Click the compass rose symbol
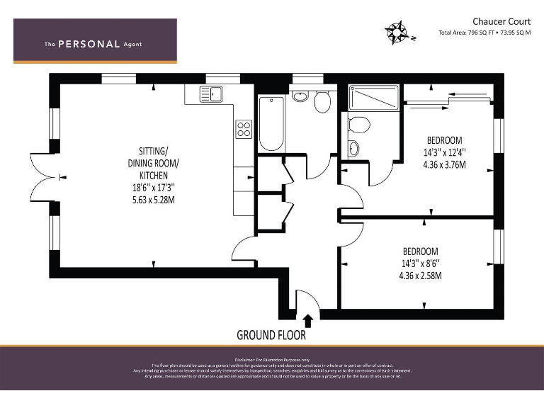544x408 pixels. [x=397, y=31]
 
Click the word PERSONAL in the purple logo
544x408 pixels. [x=89, y=44]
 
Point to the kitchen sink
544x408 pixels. [x=210, y=93]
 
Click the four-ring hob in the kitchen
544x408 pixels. [x=244, y=129]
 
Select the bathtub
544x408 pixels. [x=271, y=123]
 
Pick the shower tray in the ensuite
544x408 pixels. [x=375, y=98]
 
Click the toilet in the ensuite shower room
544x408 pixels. [x=358, y=125]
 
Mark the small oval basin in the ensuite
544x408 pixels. [x=354, y=149]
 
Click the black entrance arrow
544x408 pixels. [x=308, y=321]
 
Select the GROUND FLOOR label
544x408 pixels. [x=271, y=335]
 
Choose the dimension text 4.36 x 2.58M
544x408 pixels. [x=420, y=276]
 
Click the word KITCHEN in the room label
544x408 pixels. [x=154, y=175]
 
